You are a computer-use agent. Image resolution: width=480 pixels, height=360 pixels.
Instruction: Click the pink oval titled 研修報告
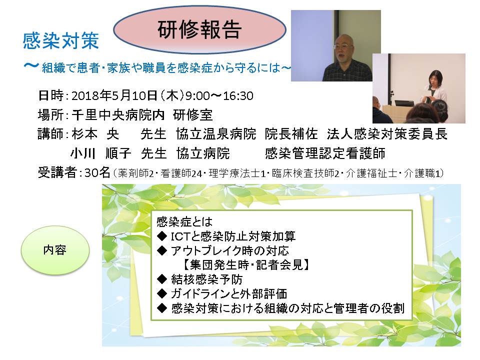(x=199, y=29)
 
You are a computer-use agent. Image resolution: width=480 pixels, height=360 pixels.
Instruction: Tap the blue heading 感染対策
(x=60, y=40)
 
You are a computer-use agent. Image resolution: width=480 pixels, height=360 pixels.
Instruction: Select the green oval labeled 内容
(x=55, y=250)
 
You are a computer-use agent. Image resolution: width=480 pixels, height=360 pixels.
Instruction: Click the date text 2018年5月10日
(x=114, y=95)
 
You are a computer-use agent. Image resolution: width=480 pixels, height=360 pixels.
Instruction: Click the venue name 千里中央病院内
(x=118, y=115)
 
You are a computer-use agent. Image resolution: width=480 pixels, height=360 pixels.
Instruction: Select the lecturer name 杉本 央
(x=95, y=134)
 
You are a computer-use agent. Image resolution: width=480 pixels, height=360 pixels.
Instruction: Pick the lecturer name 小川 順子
(x=100, y=153)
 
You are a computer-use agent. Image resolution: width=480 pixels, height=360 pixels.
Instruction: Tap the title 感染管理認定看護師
(x=325, y=153)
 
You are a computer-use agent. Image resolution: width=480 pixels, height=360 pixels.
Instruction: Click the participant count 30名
(x=97, y=173)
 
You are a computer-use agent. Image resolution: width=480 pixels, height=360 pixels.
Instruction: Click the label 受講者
(x=57, y=173)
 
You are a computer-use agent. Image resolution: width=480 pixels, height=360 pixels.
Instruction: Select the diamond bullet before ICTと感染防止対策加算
(x=161, y=236)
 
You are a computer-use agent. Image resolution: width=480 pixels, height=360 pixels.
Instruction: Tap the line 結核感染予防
(x=207, y=279)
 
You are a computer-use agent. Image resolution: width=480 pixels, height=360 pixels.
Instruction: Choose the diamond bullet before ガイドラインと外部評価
(x=161, y=293)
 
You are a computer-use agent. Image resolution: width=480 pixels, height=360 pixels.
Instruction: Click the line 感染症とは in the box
(x=184, y=221)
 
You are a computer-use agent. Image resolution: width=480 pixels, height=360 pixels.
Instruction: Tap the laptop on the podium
(x=404, y=103)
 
